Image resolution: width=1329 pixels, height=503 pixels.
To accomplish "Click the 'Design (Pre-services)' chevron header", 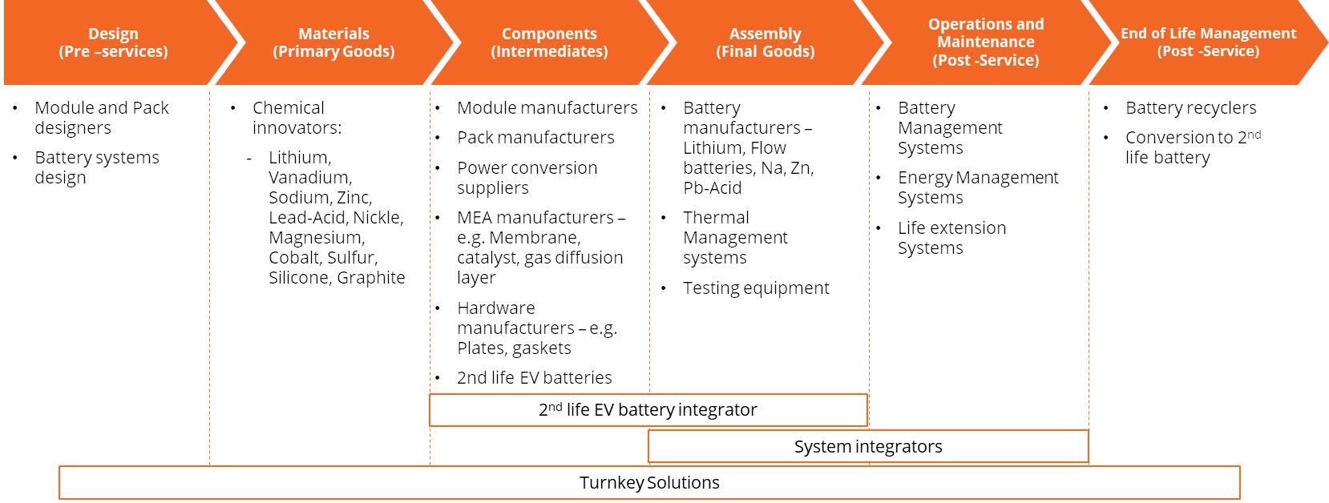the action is coord(113,42).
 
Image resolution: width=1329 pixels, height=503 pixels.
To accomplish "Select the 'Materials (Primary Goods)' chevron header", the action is coord(334,42).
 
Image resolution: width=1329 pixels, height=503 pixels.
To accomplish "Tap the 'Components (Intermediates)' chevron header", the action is coord(549,42).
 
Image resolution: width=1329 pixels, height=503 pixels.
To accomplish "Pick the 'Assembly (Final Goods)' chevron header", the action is coord(765,42).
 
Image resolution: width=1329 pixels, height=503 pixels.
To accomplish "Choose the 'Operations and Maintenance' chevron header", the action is coord(986,42).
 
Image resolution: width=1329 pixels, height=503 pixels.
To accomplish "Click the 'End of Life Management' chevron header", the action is coord(1208,42).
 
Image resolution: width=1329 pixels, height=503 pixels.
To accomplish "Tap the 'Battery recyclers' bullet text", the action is coord(1191,108).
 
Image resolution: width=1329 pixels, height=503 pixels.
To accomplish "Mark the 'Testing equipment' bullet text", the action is coord(756,288).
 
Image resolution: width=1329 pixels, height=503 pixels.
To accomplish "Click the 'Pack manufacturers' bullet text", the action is coord(535,138).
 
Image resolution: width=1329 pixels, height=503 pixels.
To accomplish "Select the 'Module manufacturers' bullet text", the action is coord(547,108).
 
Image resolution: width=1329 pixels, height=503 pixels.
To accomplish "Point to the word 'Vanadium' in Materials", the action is coord(310,177).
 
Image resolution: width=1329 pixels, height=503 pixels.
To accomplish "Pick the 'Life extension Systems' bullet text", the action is coord(951,238).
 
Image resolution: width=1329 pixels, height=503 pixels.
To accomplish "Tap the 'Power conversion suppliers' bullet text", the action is coord(527,177).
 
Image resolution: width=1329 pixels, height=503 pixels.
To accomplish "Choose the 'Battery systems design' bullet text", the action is coord(97,167).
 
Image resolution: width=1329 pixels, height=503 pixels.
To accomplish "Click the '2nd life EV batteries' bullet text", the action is coord(534,378).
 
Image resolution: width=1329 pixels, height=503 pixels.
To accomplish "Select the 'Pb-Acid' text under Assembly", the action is coord(712,188).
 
